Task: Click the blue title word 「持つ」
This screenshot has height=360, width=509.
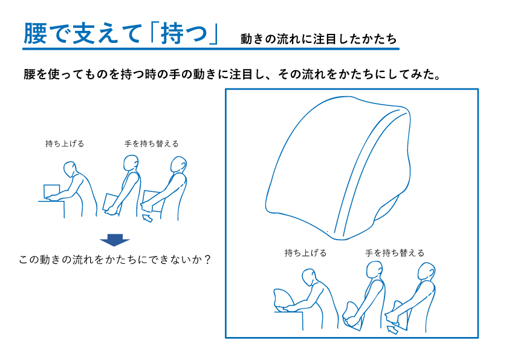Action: point(185,33)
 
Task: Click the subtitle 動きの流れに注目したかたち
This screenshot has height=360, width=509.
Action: point(319,39)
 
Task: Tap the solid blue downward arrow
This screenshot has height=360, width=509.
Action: point(115,240)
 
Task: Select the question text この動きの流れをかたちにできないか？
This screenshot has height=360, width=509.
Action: point(115,260)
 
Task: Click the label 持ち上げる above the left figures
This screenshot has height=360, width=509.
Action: point(65,143)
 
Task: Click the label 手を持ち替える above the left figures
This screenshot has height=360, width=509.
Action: point(152,143)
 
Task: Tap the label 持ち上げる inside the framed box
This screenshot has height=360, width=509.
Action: point(305,253)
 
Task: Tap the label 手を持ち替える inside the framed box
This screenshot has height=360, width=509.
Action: point(395,253)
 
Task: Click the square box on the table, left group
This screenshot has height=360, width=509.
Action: point(51,191)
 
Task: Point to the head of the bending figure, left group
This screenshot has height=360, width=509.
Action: point(70,169)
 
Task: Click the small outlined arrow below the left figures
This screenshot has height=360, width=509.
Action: point(148,218)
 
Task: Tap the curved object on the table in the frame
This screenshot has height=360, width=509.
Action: point(283,298)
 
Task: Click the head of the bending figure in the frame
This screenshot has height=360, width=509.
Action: point(309,277)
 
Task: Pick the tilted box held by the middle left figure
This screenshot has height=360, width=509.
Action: point(111,203)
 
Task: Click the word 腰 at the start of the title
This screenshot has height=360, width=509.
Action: point(35,33)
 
